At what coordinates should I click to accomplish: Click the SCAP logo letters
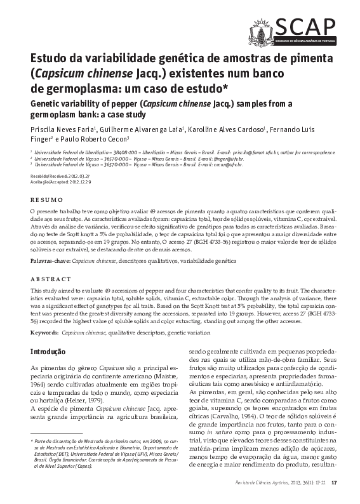[305, 26]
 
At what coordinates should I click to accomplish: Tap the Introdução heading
[48, 352]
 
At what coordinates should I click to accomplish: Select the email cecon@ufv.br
[210, 164]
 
